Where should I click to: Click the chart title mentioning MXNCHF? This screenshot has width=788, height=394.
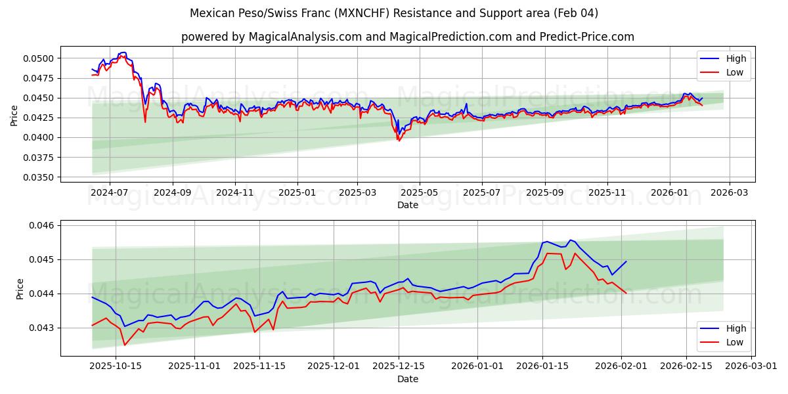394,13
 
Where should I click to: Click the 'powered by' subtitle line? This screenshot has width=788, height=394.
407,37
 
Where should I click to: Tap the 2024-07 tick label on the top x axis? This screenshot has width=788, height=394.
109,193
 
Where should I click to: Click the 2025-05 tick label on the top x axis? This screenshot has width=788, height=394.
419,193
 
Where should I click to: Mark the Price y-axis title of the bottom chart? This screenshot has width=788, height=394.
20,289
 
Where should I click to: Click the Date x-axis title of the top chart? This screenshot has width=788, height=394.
408,205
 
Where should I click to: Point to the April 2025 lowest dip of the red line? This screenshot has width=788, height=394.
398,141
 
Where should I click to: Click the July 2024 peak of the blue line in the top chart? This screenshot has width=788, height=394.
123,53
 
